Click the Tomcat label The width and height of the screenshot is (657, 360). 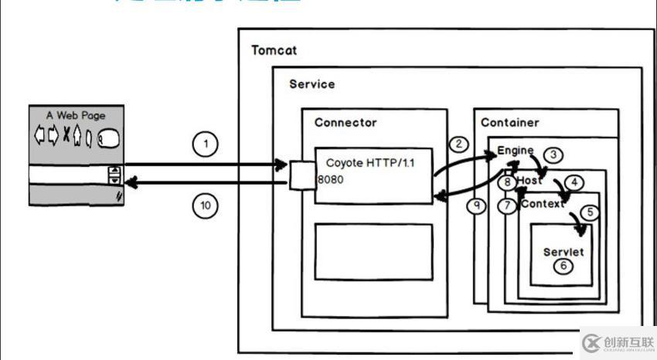pos(274,50)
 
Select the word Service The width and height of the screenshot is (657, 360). pos(312,83)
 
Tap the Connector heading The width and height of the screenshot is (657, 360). pos(346,122)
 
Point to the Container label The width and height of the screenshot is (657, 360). pos(510,122)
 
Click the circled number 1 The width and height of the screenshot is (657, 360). pos(205,144)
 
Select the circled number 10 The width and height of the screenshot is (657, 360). pos(205,205)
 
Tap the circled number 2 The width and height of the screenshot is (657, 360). pos(459,144)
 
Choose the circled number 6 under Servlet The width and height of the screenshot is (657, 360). pos(563,266)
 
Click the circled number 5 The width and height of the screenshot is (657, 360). pos(590,212)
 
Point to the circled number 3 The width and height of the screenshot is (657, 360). pos(553,155)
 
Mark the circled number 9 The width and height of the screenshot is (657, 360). pos(478,206)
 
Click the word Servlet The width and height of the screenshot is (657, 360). pos(563,252)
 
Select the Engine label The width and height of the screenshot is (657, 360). pos(515,149)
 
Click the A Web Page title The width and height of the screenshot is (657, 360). pos(76,116)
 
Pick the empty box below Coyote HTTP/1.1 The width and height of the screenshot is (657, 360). pos(373,253)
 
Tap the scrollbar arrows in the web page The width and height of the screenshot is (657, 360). pos(114,175)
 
